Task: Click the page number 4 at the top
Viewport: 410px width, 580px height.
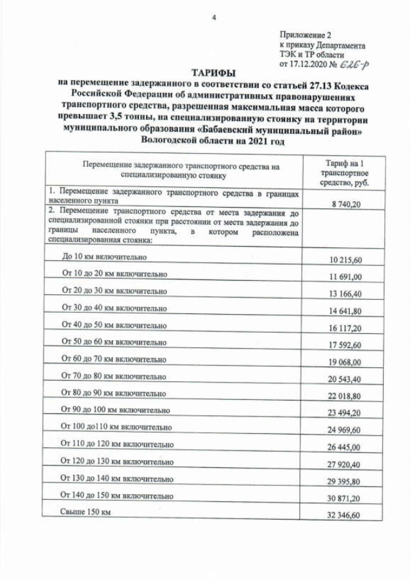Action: [x=214, y=17]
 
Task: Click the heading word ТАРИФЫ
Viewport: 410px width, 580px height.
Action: [x=214, y=72]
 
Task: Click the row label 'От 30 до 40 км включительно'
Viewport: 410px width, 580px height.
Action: [x=114, y=307]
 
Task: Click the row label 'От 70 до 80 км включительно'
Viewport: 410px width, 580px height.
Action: [x=113, y=376]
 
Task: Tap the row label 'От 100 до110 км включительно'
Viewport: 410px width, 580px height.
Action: [x=116, y=443]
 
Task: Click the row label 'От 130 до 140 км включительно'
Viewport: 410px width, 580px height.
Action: [x=117, y=478]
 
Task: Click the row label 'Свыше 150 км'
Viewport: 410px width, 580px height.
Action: [x=85, y=512]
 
